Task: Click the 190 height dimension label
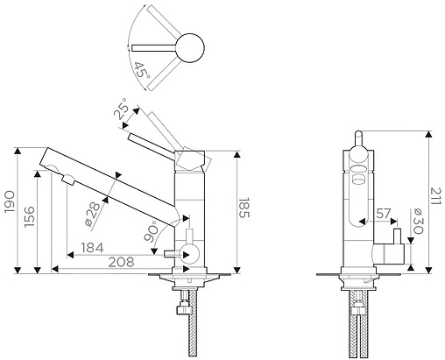click(10, 201)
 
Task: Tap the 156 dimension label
click(30, 216)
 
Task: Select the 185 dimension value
click(244, 208)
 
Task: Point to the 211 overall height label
click(436, 196)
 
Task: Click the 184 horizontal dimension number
click(92, 248)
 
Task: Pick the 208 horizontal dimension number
click(121, 262)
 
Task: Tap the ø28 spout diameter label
click(92, 215)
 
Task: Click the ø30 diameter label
click(418, 222)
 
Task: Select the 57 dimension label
click(383, 214)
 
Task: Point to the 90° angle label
click(152, 231)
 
